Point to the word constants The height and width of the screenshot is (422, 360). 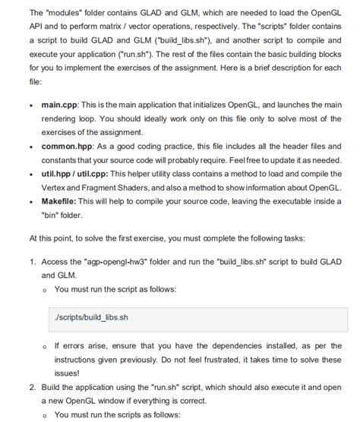coord(62,159)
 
